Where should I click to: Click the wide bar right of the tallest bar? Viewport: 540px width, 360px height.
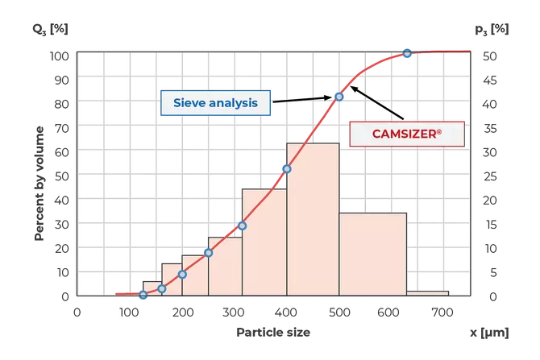click(x=372, y=254)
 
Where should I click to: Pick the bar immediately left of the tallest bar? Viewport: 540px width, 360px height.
click(x=264, y=242)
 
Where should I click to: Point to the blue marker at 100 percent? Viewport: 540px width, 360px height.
click(x=407, y=54)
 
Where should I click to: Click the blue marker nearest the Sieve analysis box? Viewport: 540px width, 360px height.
click(x=339, y=96)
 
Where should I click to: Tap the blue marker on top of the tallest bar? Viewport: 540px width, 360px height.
click(x=285, y=168)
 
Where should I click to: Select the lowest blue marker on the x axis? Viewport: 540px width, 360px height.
click(x=143, y=296)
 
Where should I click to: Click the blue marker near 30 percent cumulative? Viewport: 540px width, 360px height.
click(x=242, y=226)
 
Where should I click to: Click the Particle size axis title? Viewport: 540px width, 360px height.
click(x=272, y=331)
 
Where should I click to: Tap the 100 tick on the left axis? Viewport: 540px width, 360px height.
click(x=61, y=56)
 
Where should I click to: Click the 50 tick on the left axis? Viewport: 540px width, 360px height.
click(x=61, y=176)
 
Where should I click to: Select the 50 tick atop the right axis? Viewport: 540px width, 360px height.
click(x=489, y=56)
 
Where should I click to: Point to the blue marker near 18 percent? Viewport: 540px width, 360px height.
click(x=208, y=252)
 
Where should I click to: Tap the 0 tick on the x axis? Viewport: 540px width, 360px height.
click(x=77, y=312)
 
